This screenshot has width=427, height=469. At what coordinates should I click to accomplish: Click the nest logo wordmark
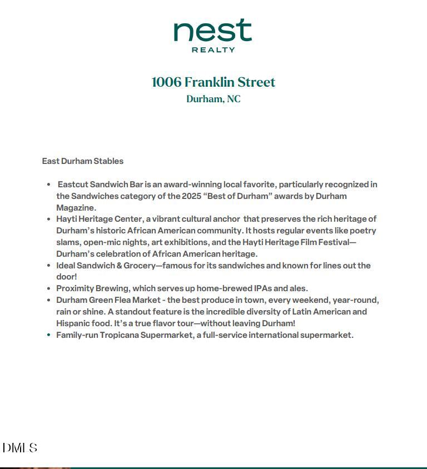[213, 31]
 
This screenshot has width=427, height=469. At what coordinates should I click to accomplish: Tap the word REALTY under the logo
[213, 49]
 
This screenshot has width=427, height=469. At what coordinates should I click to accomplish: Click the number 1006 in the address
[166, 82]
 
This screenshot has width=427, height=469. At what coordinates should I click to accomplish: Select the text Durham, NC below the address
[213, 99]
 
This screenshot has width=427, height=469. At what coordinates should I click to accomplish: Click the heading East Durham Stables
[83, 161]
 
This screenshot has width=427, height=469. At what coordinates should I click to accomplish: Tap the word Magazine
[76, 208]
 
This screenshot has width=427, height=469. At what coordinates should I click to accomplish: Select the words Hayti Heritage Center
[100, 219]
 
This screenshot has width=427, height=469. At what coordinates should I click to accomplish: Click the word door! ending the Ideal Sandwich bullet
[66, 277]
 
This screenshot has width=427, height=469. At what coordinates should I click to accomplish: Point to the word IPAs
[262, 288]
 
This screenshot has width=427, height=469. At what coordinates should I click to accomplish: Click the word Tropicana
[119, 335]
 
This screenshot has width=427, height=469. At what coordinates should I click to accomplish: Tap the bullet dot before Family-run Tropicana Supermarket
[49, 335]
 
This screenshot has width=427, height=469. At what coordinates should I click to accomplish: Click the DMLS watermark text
[20, 448]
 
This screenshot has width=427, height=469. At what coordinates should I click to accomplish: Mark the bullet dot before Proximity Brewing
[49, 288]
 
